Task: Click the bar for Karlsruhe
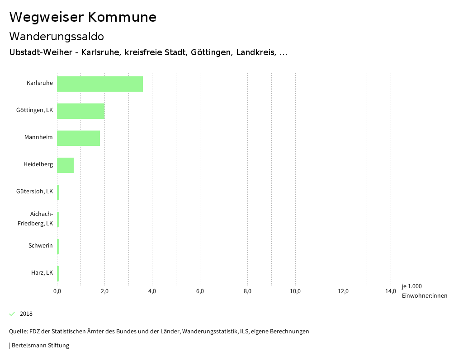[100, 84]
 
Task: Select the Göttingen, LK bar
[81, 111]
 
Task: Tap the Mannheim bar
[78, 138]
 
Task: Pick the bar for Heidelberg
[65, 165]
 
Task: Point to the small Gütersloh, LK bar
[58, 192]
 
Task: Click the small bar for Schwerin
[58, 247]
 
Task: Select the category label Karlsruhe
[40, 83]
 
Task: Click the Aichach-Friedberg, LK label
[35, 219]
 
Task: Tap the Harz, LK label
[42, 273]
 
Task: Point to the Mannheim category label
[38, 137]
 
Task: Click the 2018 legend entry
[26, 314]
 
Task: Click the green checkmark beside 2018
[12, 314]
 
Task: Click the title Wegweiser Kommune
[83, 17]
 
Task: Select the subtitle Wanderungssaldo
[57, 36]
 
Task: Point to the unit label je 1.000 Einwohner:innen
[424, 291]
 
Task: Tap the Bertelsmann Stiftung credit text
[40, 346]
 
